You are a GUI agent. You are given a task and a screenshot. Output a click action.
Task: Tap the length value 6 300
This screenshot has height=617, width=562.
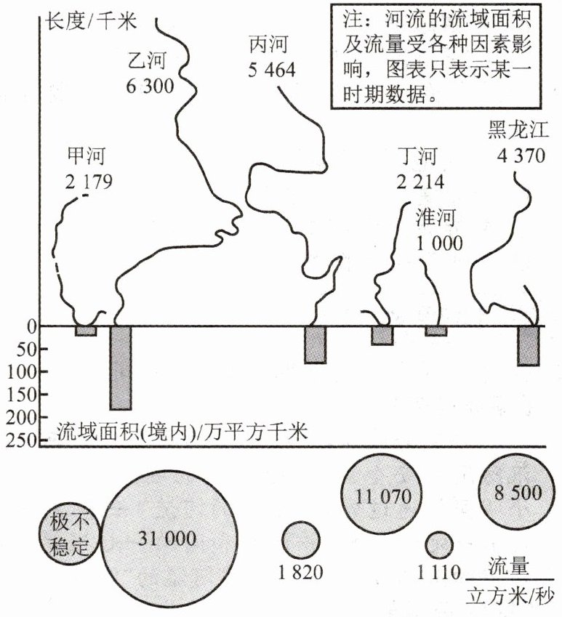150,86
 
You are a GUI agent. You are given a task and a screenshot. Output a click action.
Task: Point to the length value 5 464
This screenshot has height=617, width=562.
270,71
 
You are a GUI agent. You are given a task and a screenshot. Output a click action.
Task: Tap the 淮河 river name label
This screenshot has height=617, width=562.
438,217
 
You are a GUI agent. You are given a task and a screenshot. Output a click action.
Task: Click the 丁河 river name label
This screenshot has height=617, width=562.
419,156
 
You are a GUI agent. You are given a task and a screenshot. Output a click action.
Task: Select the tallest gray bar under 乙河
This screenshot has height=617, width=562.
120,368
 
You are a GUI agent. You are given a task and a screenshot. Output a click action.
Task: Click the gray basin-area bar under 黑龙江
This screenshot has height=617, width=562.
529,346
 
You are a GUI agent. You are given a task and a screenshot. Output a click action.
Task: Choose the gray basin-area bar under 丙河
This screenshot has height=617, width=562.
315,344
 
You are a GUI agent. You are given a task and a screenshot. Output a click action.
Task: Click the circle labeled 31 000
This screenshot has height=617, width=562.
169,538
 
